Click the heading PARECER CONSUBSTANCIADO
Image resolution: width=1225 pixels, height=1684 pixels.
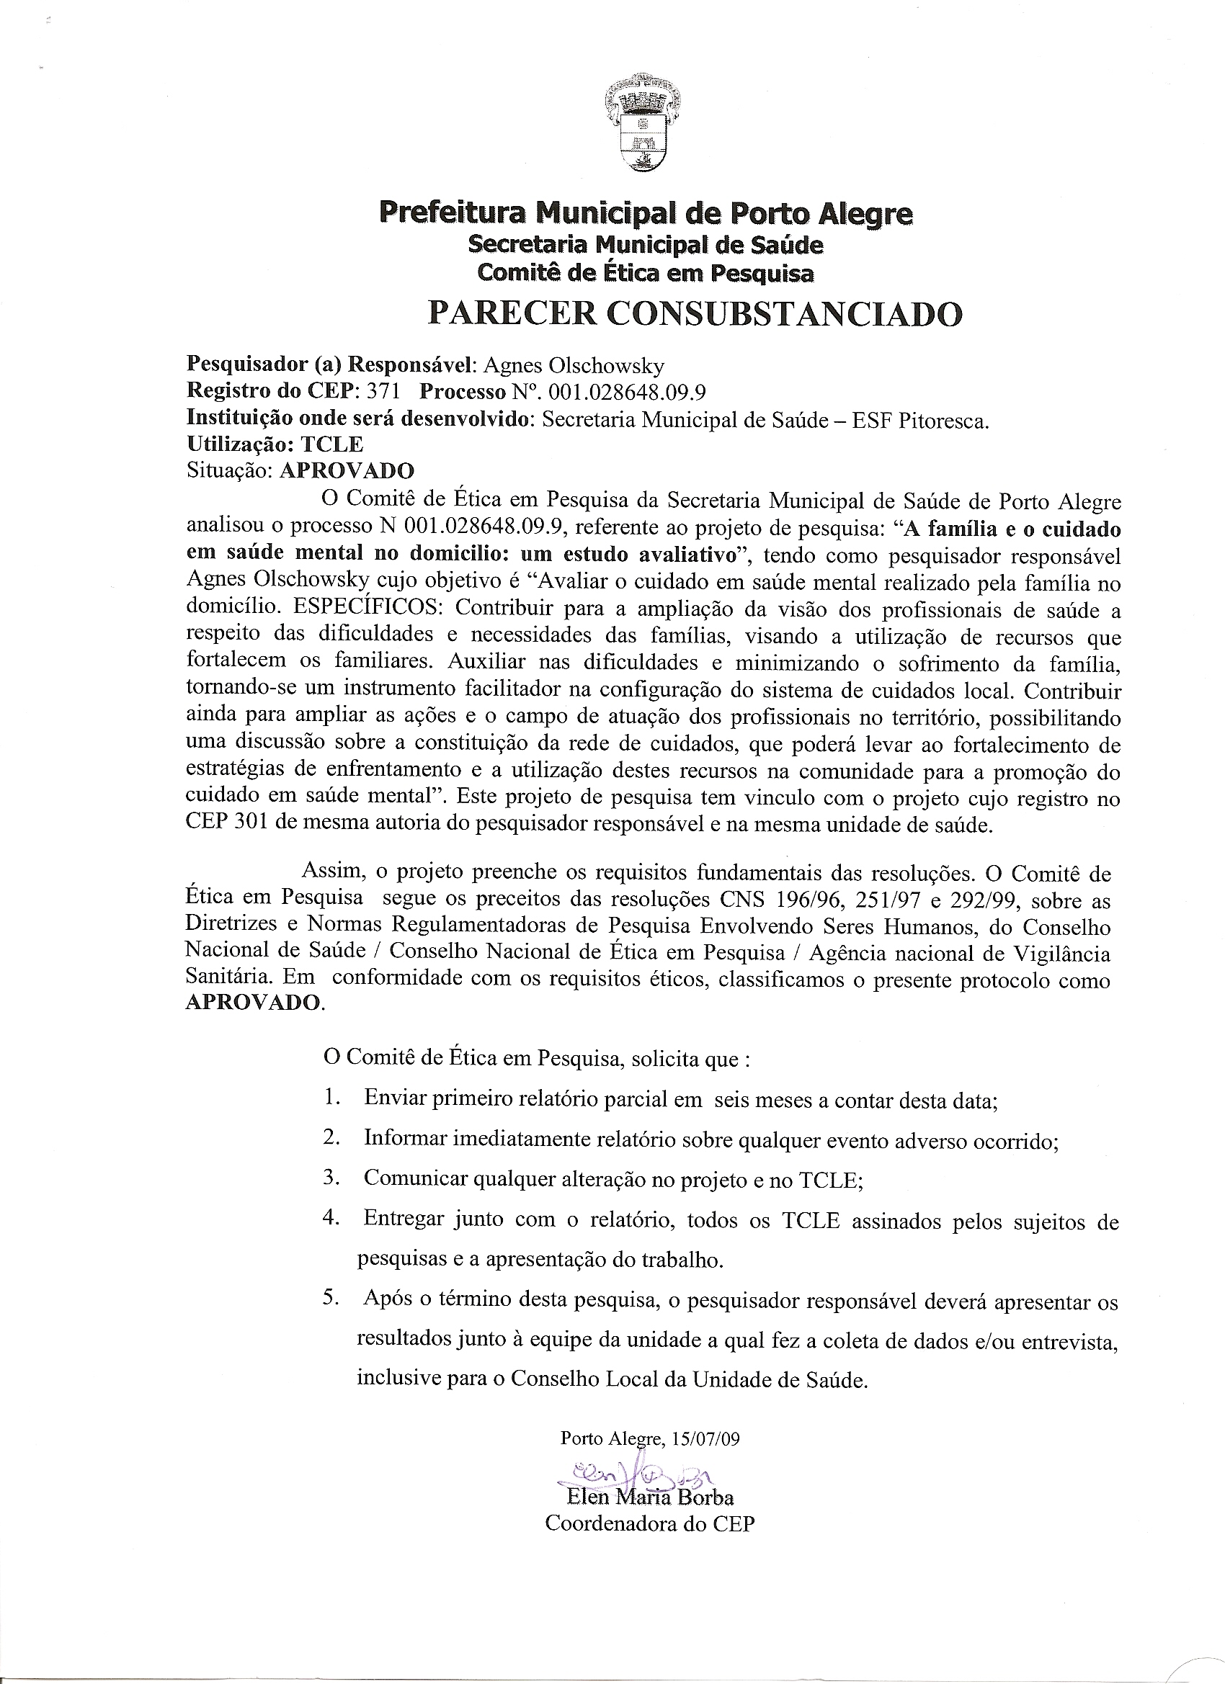pyautogui.click(x=695, y=314)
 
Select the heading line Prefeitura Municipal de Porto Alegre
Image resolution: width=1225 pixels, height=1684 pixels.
pyautogui.click(x=646, y=214)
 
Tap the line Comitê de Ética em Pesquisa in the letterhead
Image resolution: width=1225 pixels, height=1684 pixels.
pyautogui.click(x=646, y=273)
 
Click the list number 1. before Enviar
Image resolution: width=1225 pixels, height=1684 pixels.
pyautogui.click(x=331, y=1098)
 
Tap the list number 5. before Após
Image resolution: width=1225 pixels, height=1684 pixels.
pyautogui.click(x=331, y=1299)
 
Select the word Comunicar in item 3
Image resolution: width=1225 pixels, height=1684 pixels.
pyautogui.click(x=415, y=1179)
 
